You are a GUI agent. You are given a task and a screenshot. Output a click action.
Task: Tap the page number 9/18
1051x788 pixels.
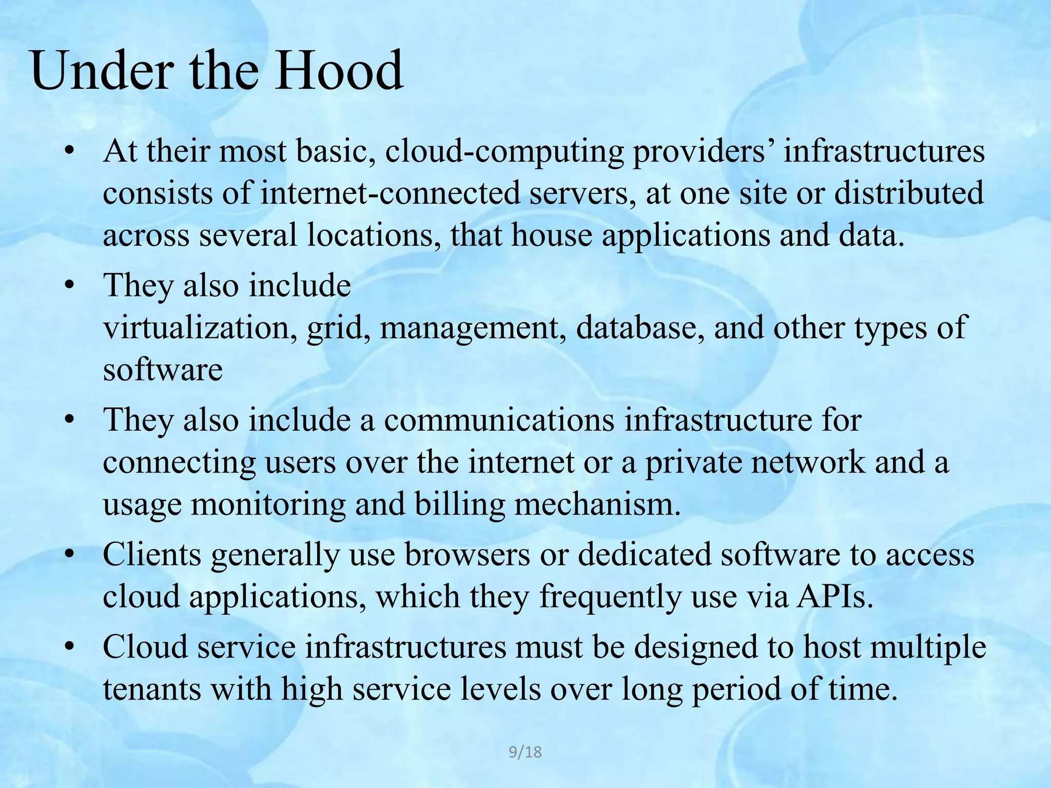[525, 752]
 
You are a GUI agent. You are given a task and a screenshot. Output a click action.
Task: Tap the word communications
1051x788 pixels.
[499, 420]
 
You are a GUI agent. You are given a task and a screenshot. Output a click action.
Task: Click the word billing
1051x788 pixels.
[459, 504]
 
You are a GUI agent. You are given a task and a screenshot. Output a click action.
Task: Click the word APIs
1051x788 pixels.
[834, 597]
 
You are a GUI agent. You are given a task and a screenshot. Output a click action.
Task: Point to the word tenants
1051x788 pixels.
[152, 689]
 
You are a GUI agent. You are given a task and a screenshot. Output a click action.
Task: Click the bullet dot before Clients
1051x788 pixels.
[70, 555]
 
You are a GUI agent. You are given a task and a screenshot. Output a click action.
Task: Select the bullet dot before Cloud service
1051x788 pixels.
[70, 647]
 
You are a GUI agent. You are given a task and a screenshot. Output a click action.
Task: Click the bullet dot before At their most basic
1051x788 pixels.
[70, 152]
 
